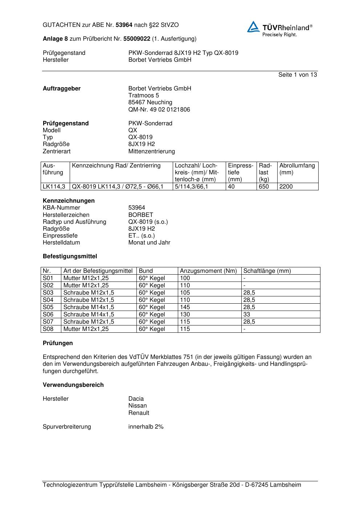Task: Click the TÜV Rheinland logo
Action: coord(279,29)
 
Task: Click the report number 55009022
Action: coord(137,39)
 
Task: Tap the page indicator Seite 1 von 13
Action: coord(297,75)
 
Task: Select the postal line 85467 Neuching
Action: coord(150,102)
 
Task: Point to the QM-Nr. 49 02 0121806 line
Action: coord(159,109)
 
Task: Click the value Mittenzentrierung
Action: coord(151,151)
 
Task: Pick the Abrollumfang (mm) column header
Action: coord(297,169)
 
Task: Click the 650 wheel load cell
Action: coord(263,187)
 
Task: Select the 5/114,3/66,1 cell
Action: coord(191,187)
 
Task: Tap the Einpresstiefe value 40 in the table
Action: coord(231,187)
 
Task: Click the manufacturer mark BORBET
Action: coord(140,215)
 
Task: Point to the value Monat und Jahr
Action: coord(149,243)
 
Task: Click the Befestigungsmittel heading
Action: coord(70,256)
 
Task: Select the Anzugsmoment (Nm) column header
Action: coord(208,271)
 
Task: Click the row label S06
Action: coord(48,315)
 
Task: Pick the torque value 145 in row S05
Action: coord(185,307)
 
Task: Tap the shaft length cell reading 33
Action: coord(247,315)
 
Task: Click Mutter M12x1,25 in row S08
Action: coord(86,329)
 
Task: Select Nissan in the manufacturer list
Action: coord(138,406)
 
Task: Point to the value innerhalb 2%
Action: coord(146,427)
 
